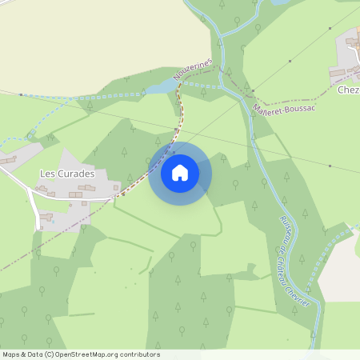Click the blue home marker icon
click(x=180, y=173)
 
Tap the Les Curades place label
click(x=67, y=174)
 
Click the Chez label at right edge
click(x=349, y=90)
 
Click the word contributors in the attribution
click(x=139, y=354)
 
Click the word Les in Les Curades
click(x=46, y=174)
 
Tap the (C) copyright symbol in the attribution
click(x=48, y=354)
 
